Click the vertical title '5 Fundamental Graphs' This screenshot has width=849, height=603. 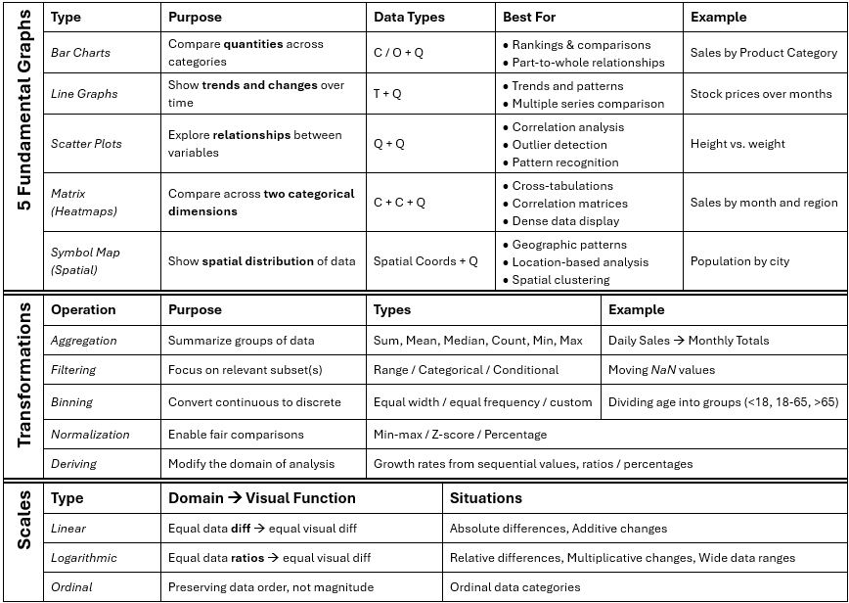[x=24, y=110]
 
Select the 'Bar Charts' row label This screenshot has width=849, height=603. [x=80, y=53]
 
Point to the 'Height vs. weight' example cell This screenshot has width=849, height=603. [x=737, y=144]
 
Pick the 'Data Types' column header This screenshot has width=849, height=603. [x=409, y=17]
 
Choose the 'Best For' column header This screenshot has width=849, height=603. [x=529, y=17]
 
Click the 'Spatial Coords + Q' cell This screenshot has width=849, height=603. [x=425, y=261]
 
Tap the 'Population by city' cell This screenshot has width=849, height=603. [x=739, y=261]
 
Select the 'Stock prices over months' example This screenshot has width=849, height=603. [x=761, y=94]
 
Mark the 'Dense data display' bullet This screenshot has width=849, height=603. [x=565, y=221]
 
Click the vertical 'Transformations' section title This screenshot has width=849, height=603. [x=24, y=374]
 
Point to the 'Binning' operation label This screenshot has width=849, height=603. [x=71, y=402]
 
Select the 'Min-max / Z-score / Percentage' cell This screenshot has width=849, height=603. [x=460, y=435]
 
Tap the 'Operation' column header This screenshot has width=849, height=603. [x=83, y=309]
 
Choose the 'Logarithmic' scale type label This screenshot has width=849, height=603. [x=83, y=558]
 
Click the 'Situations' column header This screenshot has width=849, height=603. [x=485, y=498]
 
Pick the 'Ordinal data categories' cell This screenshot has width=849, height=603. [x=514, y=587]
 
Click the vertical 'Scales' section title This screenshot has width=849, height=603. [x=24, y=521]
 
